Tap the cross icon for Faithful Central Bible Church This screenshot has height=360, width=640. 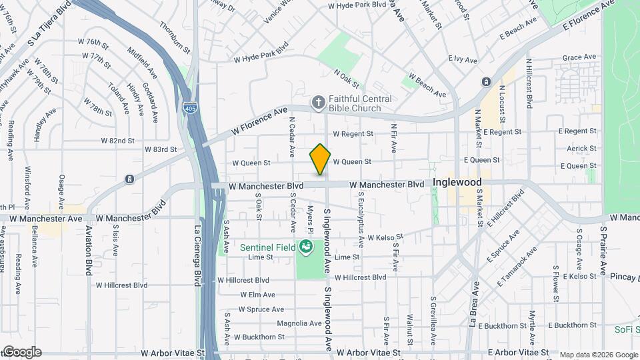319,102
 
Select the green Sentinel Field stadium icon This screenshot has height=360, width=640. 306,247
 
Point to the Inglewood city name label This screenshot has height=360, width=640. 457,181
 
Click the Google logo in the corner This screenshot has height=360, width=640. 21,352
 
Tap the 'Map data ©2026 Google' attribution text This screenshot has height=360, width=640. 599,355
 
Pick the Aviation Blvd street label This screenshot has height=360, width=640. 89,250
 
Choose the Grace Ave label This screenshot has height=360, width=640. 579,57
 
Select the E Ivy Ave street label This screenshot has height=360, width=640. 463,60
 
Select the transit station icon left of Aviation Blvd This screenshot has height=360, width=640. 129,179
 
